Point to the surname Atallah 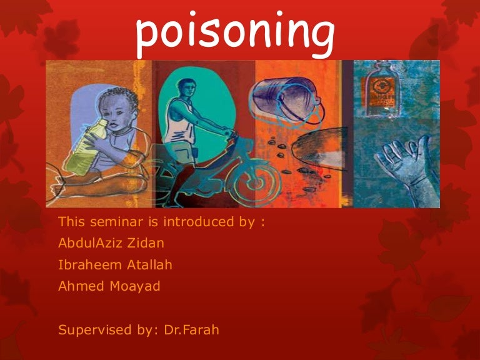click(148, 265)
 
